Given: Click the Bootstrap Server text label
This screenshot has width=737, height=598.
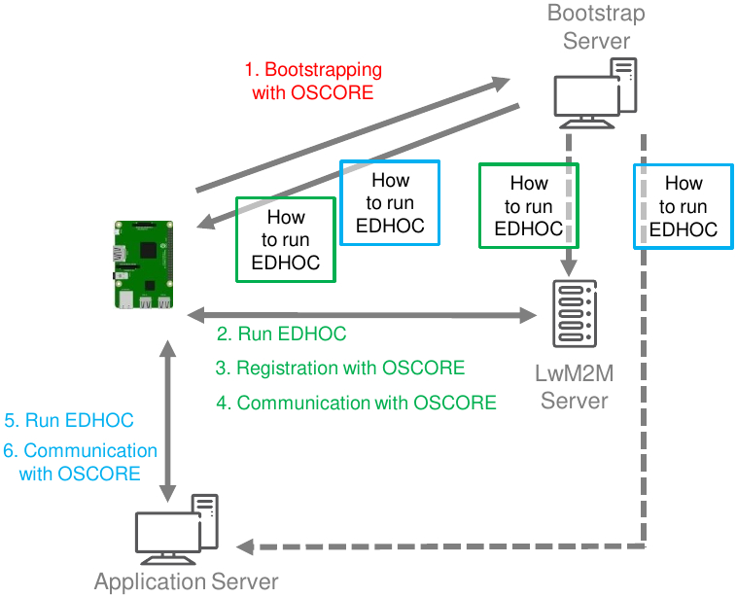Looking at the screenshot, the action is click(x=596, y=27).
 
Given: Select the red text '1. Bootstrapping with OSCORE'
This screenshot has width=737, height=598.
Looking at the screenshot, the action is click(x=313, y=81).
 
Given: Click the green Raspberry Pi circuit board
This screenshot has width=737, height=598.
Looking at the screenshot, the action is click(x=144, y=264).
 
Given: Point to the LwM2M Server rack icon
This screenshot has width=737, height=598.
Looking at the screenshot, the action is click(x=575, y=313).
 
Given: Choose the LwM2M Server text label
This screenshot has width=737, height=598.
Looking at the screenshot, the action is click(x=575, y=387).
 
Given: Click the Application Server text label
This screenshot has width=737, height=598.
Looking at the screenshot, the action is click(x=186, y=581).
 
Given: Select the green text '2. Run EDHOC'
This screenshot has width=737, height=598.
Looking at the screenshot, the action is click(x=282, y=334).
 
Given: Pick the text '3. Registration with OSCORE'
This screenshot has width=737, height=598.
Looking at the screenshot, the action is click(x=340, y=368).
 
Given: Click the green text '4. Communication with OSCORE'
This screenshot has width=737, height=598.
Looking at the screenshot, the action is click(x=356, y=403).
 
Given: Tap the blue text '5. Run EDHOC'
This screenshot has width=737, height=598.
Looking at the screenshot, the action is click(x=69, y=420).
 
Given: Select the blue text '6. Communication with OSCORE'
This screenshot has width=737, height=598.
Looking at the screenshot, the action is click(x=80, y=462).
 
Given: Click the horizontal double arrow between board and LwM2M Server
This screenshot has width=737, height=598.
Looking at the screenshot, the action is click(x=362, y=315).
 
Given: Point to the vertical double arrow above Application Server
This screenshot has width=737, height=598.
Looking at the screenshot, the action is click(x=168, y=421).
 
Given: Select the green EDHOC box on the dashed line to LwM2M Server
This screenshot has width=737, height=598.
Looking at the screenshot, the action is click(x=529, y=205).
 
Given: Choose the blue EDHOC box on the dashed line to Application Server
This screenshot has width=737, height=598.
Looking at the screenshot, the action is click(x=684, y=206).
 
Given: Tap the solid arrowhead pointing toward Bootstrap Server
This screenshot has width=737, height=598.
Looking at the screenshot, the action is click(x=501, y=84).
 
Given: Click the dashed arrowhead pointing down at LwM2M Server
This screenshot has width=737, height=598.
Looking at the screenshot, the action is click(x=569, y=269).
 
